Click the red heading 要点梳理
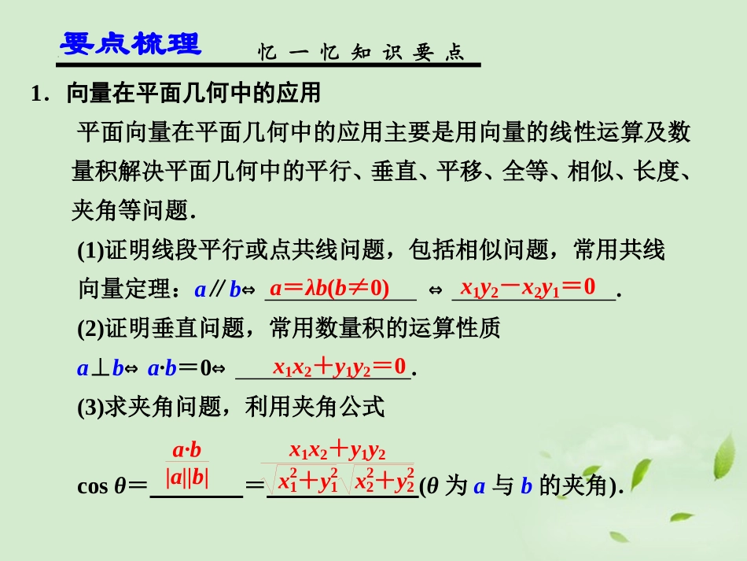coord(131,45)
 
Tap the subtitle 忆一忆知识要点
coord(362,53)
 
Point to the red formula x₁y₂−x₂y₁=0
coord(528,287)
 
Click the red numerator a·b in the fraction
coord(187,451)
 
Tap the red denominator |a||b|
coord(187,478)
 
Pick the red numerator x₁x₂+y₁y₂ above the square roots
coord(337,451)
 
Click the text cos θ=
coord(112,486)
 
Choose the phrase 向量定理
coord(123,290)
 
